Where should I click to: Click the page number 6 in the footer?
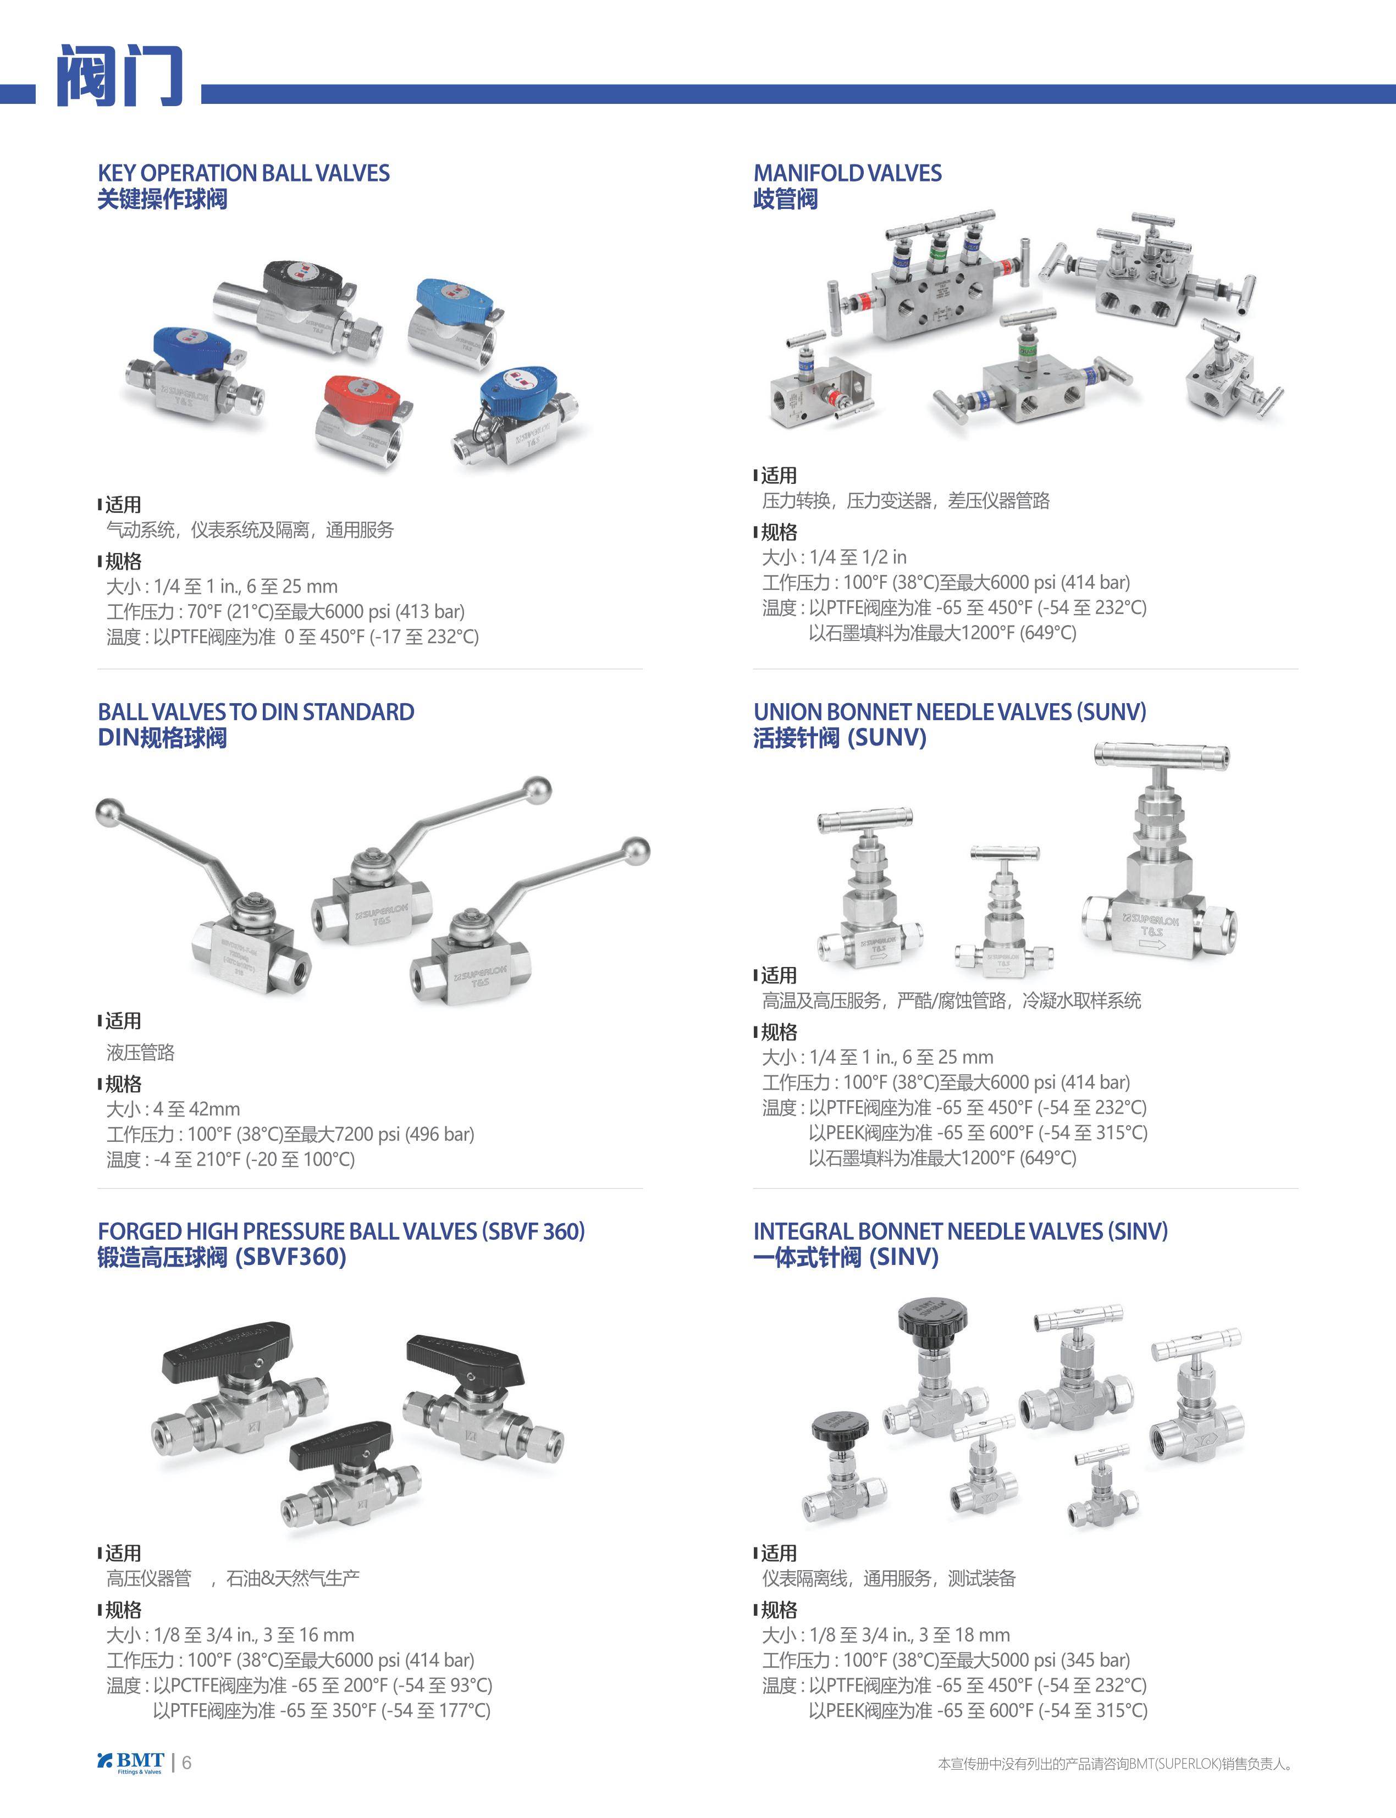(x=187, y=1762)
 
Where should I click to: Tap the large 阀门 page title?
(x=119, y=76)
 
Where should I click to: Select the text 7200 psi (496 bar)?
(x=404, y=1134)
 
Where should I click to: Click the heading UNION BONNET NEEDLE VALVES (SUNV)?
(x=950, y=711)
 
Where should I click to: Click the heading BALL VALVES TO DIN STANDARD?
(x=256, y=711)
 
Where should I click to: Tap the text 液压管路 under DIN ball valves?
(x=140, y=1053)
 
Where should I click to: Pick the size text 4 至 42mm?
(x=196, y=1109)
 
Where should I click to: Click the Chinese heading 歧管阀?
(x=785, y=200)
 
